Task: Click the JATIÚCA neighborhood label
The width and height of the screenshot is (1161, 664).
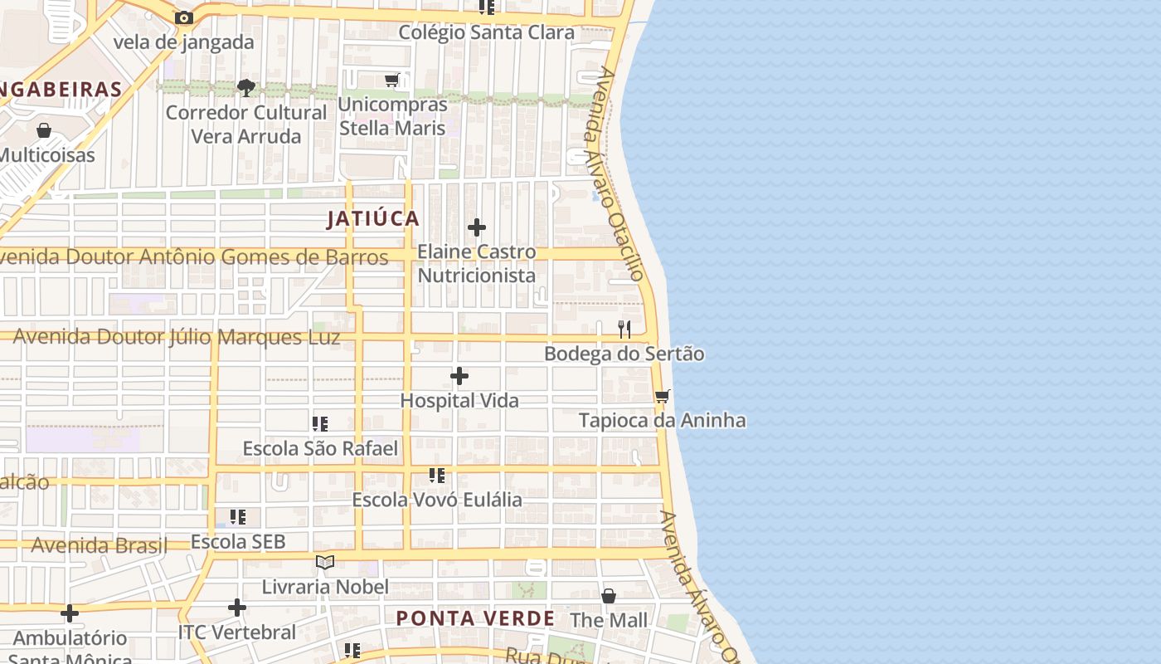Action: (x=373, y=219)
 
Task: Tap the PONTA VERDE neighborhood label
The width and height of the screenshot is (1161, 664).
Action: (x=475, y=618)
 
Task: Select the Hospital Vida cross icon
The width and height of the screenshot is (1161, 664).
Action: (x=459, y=377)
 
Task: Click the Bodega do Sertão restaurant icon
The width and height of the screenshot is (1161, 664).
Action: (x=624, y=330)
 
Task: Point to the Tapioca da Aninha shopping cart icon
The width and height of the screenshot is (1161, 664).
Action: (x=662, y=396)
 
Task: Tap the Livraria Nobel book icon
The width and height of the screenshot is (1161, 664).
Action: (x=325, y=563)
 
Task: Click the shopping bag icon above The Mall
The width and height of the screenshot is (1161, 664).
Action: (x=609, y=596)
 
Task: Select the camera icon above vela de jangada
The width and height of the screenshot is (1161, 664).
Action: (x=184, y=17)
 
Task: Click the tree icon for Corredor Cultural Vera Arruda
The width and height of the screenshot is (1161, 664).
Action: (x=245, y=87)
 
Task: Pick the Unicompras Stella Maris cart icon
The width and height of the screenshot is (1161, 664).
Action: (x=392, y=81)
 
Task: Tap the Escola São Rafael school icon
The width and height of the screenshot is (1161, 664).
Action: (x=320, y=424)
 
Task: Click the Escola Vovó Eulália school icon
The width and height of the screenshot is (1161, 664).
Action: (x=437, y=476)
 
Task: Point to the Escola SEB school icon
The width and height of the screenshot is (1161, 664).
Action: (x=238, y=517)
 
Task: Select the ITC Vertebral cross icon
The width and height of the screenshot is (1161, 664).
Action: (x=237, y=608)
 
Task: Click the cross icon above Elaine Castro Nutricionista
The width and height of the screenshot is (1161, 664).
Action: (x=477, y=227)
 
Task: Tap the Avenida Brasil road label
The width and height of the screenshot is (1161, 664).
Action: (x=100, y=545)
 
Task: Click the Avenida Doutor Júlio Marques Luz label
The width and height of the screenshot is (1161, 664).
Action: (x=177, y=338)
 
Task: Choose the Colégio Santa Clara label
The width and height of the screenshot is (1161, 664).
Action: (x=487, y=32)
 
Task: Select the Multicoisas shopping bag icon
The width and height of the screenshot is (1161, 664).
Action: (x=44, y=130)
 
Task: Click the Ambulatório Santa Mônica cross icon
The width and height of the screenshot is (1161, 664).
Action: (x=70, y=613)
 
